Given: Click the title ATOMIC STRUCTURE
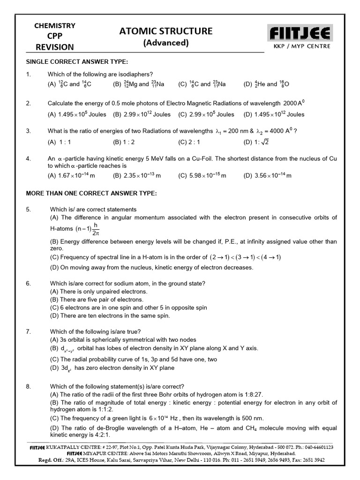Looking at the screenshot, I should click(x=166, y=31).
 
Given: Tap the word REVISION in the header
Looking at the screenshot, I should click(x=55, y=47).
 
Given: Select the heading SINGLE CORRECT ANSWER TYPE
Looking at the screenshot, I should click(x=76, y=62).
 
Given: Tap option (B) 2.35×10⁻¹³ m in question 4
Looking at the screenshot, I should click(x=137, y=175).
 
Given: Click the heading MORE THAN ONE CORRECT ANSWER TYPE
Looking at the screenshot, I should click(x=91, y=193).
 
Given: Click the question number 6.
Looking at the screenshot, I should click(x=29, y=284).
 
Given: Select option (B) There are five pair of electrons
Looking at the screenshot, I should click(x=97, y=300).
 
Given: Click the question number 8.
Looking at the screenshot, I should click(x=29, y=386).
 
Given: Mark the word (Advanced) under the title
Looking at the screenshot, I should click(x=166, y=43).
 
